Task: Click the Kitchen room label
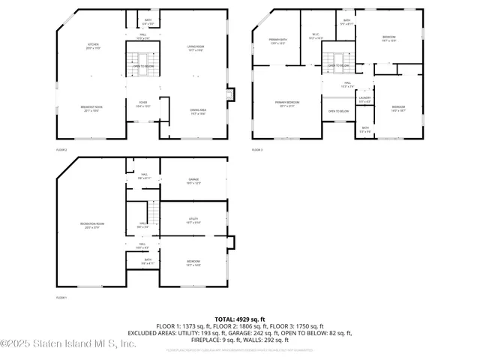(x=93, y=46)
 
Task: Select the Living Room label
(x=196, y=48)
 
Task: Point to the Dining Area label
(x=198, y=111)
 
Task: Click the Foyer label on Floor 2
(x=142, y=104)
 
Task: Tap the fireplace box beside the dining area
(x=230, y=94)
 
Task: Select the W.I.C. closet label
(x=305, y=35)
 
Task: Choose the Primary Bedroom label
(x=286, y=103)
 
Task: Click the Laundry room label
(x=364, y=99)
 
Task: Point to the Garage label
(x=193, y=181)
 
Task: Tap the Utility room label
(x=193, y=220)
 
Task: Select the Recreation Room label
(x=91, y=226)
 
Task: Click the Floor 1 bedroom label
(x=193, y=262)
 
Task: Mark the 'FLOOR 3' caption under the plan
(x=257, y=150)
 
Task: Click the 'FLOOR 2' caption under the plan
(x=61, y=150)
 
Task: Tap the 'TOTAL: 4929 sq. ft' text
(x=240, y=319)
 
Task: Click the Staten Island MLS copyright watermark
(x=68, y=344)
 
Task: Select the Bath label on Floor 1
(x=148, y=262)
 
